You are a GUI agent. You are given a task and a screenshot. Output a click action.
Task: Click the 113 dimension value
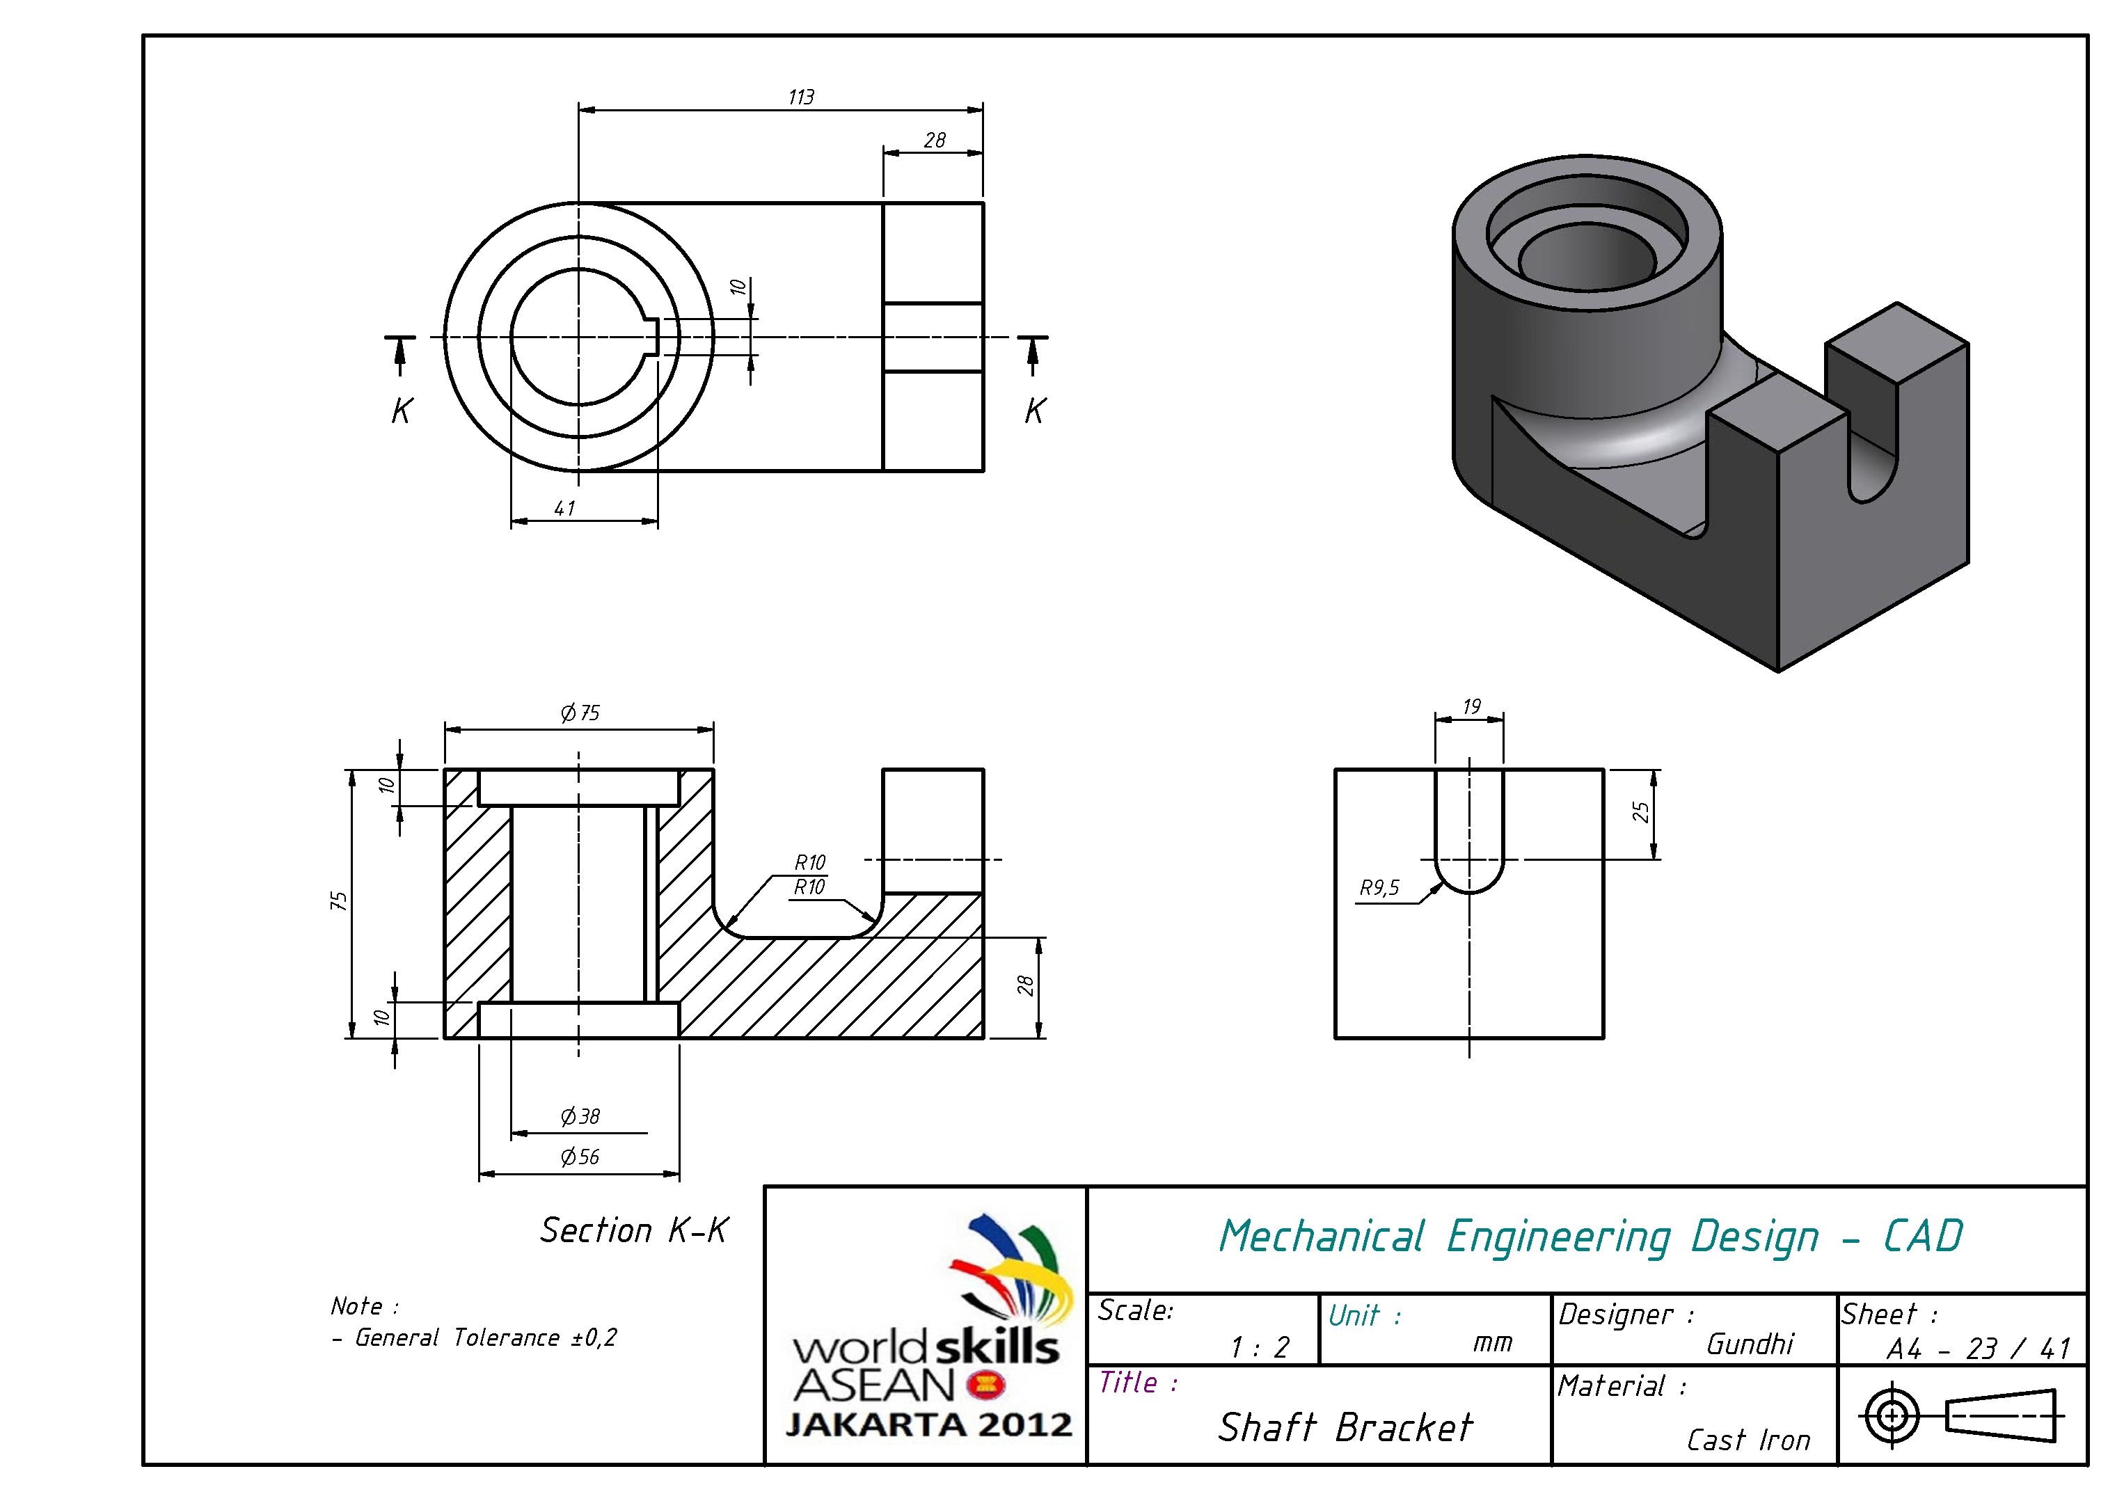tap(801, 97)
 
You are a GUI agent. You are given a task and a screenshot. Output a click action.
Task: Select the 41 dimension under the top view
tap(564, 509)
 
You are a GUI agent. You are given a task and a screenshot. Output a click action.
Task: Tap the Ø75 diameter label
tap(580, 713)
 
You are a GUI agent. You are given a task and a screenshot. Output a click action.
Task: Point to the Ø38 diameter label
tap(580, 1117)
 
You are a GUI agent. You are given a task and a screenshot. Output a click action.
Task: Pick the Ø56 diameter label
tap(580, 1157)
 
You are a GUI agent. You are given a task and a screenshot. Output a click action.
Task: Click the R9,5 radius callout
tap(1379, 889)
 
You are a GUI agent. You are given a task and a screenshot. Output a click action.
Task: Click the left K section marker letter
tap(401, 411)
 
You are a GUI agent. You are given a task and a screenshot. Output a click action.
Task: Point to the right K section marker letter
tap(1034, 411)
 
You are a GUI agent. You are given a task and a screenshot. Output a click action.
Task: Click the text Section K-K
tap(635, 1231)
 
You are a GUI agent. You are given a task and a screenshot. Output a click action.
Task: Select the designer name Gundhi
tap(1750, 1344)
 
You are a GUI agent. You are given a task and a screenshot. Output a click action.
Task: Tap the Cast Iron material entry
tap(1747, 1440)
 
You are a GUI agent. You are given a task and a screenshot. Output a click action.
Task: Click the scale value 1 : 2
tap(1259, 1347)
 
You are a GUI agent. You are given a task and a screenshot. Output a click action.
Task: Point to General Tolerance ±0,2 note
tap(486, 1338)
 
